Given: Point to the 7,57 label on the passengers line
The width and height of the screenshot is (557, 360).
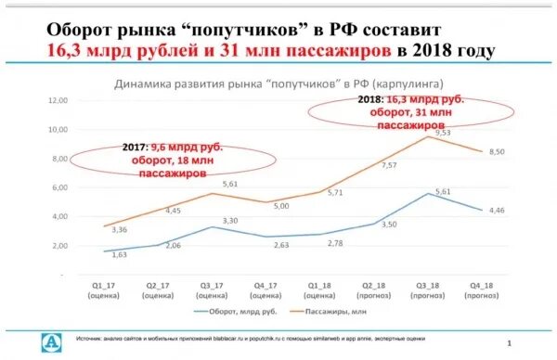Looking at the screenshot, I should point(363,165).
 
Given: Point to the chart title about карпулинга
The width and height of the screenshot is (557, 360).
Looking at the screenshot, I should point(278,83).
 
